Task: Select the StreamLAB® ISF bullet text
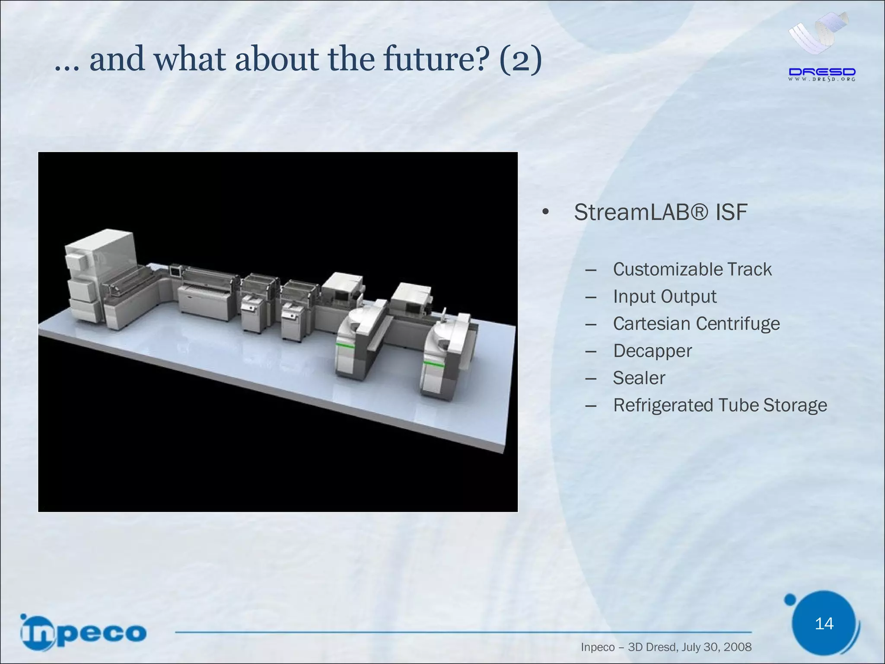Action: pos(660,212)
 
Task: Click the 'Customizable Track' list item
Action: pos(692,269)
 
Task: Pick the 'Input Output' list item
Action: pos(665,297)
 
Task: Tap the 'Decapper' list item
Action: pos(652,351)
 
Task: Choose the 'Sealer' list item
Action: pos(639,378)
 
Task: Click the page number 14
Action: pos(824,624)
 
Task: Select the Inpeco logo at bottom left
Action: pos(83,632)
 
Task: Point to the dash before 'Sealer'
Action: pos(591,379)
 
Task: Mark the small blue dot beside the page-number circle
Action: pos(790,599)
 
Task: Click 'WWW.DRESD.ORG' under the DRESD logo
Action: pos(822,80)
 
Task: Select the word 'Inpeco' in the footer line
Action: pos(598,647)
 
